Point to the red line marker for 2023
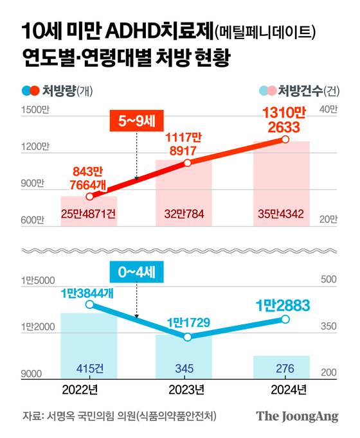188,163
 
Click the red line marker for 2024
285,139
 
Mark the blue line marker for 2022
89,304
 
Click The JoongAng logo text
297,416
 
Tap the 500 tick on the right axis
329,280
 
